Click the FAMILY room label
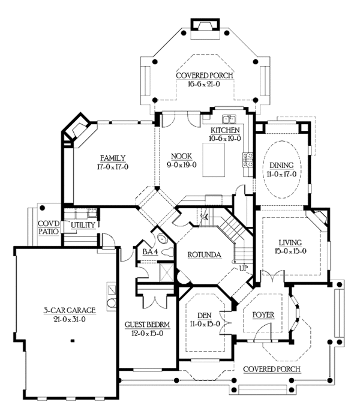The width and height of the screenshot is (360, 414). pyautogui.click(x=113, y=158)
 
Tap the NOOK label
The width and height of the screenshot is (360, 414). pyautogui.click(x=181, y=157)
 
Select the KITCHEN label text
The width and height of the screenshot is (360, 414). pyautogui.click(x=225, y=130)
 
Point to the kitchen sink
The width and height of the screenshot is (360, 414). pyautogui.click(x=229, y=119)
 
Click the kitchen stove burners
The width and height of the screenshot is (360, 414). pyautogui.click(x=248, y=160)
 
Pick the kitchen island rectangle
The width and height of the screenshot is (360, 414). pyautogui.click(x=214, y=160)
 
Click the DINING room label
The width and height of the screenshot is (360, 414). pyautogui.click(x=281, y=165)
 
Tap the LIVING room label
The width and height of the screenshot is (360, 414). pyautogui.click(x=290, y=242)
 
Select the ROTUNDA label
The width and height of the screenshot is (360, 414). pyautogui.click(x=204, y=255)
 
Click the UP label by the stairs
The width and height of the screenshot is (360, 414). pyautogui.click(x=244, y=269)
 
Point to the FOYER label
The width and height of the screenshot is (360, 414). pyautogui.click(x=263, y=315)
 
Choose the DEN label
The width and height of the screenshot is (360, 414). pyautogui.click(x=205, y=315)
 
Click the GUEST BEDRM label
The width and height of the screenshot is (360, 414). pyautogui.click(x=147, y=325)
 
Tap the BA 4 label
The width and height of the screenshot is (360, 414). pyautogui.click(x=150, y=252)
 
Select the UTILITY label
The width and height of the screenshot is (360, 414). pyautogui.click(x=83, y=225)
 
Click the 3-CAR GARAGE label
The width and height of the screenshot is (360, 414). pyautogui.click(x=70, y=310)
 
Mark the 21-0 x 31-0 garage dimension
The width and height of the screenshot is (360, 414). pyautogui.click(x=70, y=319)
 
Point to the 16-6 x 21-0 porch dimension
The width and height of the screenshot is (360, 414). pyautogui.click(x=204, y=84)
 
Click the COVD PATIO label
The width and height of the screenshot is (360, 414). pyautogui.click(x=49, y=227)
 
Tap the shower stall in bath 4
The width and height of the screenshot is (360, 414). pyautogui.click(x=166, y=272)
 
